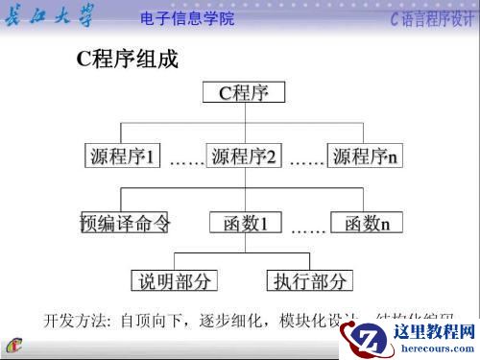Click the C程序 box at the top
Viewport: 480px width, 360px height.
click(245, 93)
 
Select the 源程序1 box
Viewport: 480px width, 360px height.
click(122, 156)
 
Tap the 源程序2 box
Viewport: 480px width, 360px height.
click(243, 156)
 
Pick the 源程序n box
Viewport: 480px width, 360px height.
click(363, 156)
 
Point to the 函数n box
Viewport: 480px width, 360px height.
click(365, 224)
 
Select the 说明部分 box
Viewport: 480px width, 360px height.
click(174, 280)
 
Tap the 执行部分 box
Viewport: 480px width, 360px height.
click(309, 280)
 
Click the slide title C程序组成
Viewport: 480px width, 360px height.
click(127, 60)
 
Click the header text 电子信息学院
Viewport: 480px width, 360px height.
click(186, 18)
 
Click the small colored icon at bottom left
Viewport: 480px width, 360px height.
click(16, 346)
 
